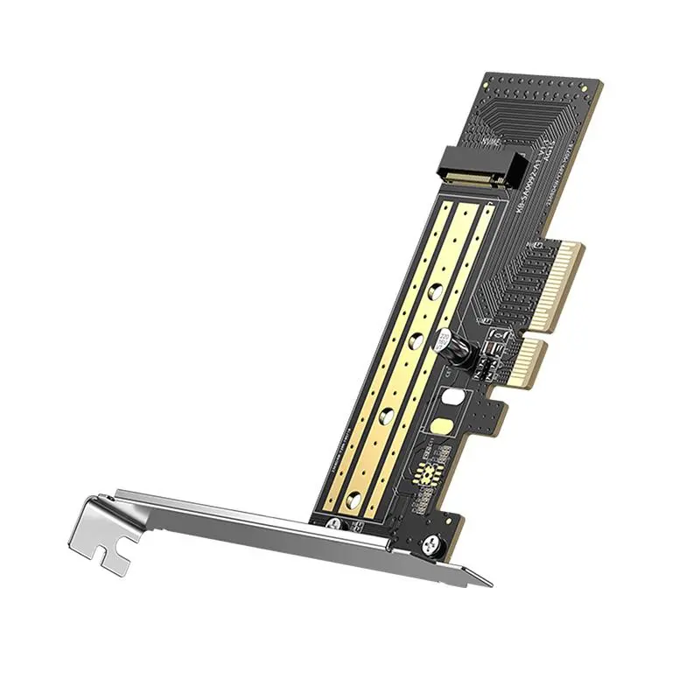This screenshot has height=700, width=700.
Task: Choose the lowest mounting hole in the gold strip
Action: (x=354, y=500)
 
